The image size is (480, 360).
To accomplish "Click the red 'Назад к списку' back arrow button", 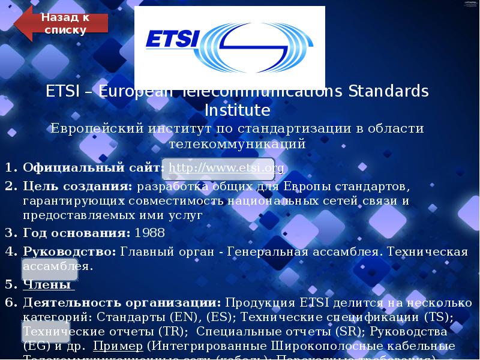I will click(63, 24).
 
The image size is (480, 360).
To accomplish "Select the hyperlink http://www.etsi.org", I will click(226, 167).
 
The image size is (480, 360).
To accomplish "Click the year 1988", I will click(149, 233).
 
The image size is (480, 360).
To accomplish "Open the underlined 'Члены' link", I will click(48, 284).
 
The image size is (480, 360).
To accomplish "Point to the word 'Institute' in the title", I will click(238, 111).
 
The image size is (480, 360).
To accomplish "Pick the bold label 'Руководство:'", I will click(70, 251).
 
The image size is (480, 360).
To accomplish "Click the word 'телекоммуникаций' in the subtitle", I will click(238, 144).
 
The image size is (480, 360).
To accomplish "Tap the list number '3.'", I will click(11, 233).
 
